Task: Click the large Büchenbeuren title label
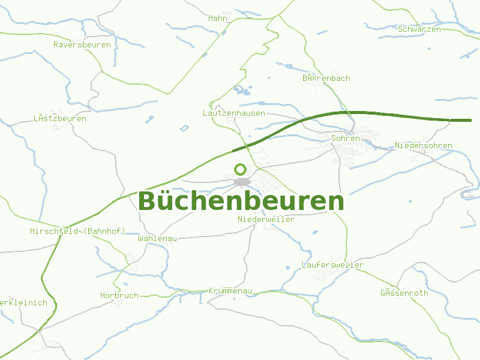pyautogui.click(x=241, y=202)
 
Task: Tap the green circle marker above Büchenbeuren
pyautogui.click(x=241, y=169)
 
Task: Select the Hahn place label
pyautogui.click(x=218, y=19)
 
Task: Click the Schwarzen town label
pyautogui.click(x=419, y=29)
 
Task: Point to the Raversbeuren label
pyautogui.click(x=82, y=45)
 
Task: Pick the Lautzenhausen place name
pyautogui.click(x=234, y=113)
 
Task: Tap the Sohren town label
pyautogui.click(x=346, y=139)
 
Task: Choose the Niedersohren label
pyautogui.click(x=424, y=146)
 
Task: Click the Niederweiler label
pyautogui.click(x=266, y=220)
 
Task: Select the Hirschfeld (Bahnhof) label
pyautogui.click(x=78, y=232)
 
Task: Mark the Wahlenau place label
pyautogui.click(x=157, y=239)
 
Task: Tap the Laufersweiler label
pyautogui.click(x=333, y=265)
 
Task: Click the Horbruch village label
pyautogui.click(x=119, y=296)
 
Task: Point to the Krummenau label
pyautogui.click(x=230, y=291)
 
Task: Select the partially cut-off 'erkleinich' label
pyautogui.click(x=23, y=303)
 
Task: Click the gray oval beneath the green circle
pyautogui.click(x=242, y=182)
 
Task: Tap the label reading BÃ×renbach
pyautogui.click(x=326, y=79)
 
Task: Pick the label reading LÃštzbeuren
pyautogui.click(x=60, y=119)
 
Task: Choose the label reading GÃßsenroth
pyautogui.click(x=404, y=293)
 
